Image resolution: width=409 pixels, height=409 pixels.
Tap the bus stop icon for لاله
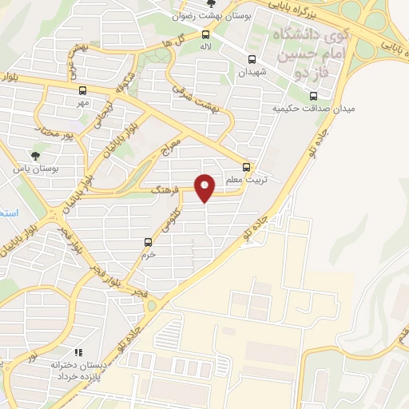pos(206,34)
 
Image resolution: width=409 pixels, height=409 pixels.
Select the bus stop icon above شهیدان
pos(252,59)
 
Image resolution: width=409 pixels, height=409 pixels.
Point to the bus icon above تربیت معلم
pos(246,167)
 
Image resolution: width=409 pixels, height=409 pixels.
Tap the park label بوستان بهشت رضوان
pos(210,16)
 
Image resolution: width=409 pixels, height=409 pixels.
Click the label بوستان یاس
pos(32,169)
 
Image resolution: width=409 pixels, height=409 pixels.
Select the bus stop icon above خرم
pos(147,242)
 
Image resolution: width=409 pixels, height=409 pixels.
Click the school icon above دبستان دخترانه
pos(77,352)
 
